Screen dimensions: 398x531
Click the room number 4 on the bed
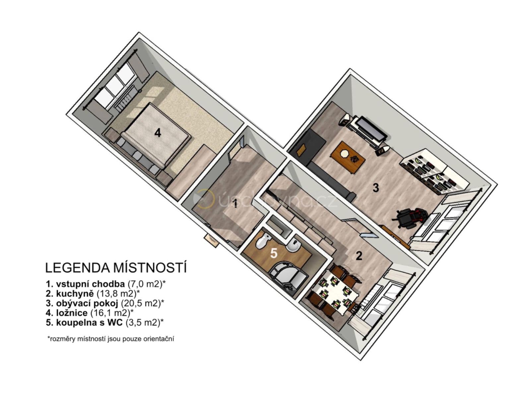pyautogui.click(x=158, y=133)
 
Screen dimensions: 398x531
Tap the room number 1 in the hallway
pyautogui.click(x=235, y=204)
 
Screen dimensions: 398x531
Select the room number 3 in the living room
pyautogui.click(x=375, y=188)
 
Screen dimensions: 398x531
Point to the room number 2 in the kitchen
pyautogui.click(x=359, y=256)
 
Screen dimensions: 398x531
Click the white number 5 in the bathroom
pyautogui.click(x=274, y=253)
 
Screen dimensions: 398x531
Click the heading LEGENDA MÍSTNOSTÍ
pyautogui.click(x=116, y=267)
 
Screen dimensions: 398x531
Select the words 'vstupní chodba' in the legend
pyautogui.click(x=90, y=284)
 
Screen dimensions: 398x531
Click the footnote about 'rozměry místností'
pyautogui.click(x=111, y=339)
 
